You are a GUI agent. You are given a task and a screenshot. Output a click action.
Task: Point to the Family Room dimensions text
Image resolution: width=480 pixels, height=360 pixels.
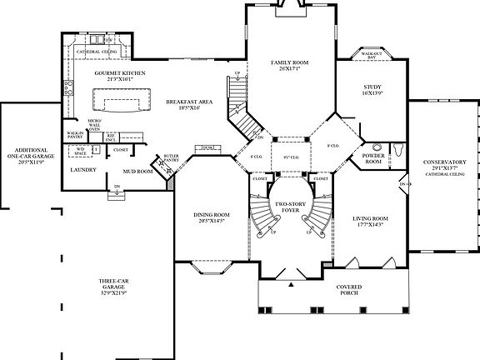[289, 69]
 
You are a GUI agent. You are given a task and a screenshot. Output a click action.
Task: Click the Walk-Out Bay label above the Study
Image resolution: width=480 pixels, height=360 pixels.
[371, 56]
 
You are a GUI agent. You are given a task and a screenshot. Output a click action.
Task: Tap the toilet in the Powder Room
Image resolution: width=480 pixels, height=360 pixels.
[397, 150]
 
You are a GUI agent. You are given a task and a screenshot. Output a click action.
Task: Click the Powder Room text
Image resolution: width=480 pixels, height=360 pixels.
[371, 159]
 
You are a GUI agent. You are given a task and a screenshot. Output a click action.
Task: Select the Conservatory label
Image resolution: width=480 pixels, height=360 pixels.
[442, 163]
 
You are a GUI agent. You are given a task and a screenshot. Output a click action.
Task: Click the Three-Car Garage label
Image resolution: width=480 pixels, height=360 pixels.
[113, 285]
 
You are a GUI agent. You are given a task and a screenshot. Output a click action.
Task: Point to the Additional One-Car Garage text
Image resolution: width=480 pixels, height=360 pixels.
[27, 156]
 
